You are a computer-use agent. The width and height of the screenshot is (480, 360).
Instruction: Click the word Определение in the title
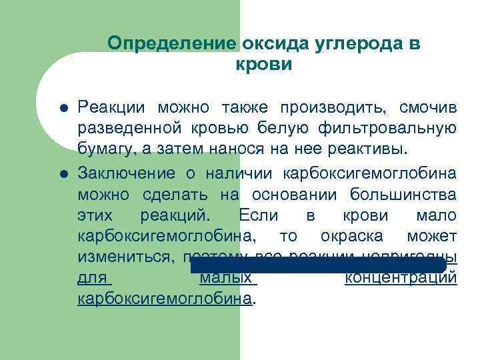pyautogui.click(x=172, y=44)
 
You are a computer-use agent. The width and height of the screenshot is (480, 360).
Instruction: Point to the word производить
pyautogui.click(x=333, y=107)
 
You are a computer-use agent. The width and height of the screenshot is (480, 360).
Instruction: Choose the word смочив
pyautogui.click(x=428, y=107)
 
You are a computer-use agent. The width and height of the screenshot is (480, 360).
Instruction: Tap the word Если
pyautogui.click(x=255, y=216)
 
